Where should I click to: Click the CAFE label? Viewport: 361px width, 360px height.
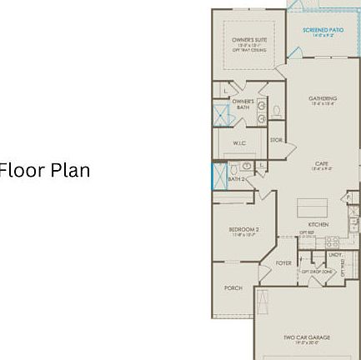coord(322,164)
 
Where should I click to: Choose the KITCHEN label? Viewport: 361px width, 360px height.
coord(318,223)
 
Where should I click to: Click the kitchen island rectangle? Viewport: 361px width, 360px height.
coord(312,205)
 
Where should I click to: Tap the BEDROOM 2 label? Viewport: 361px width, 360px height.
coord(243,229)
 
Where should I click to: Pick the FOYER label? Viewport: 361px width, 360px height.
coord(284,261)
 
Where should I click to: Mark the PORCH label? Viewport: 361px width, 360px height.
coord(233,287)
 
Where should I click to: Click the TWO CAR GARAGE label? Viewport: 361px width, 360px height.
coord(307,337)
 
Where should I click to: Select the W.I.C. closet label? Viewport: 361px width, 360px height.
coord(239,143)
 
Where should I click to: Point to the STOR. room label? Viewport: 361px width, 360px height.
coord(277,140)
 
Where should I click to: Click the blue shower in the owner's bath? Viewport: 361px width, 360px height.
coord(222,112)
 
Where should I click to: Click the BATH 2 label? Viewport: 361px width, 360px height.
coord(236,178)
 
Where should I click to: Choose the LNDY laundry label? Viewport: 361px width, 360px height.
coord(335,254)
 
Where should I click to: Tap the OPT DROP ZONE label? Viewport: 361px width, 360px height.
coord(317,271)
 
